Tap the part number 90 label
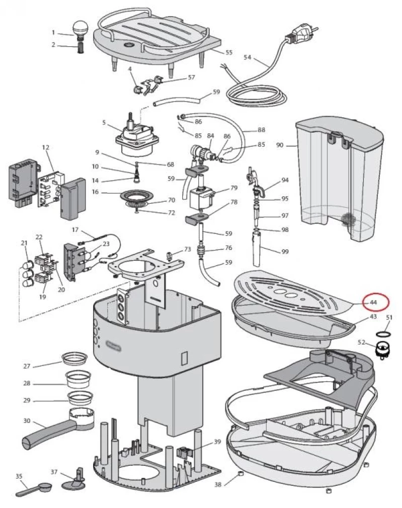[280, 145]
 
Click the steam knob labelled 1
[81, 28]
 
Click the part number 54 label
[247, 57]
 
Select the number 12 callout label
[46, 147]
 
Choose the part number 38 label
[218, 485]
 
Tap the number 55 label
[229, 52]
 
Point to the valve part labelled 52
[385, 348]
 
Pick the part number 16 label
[95, 192]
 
